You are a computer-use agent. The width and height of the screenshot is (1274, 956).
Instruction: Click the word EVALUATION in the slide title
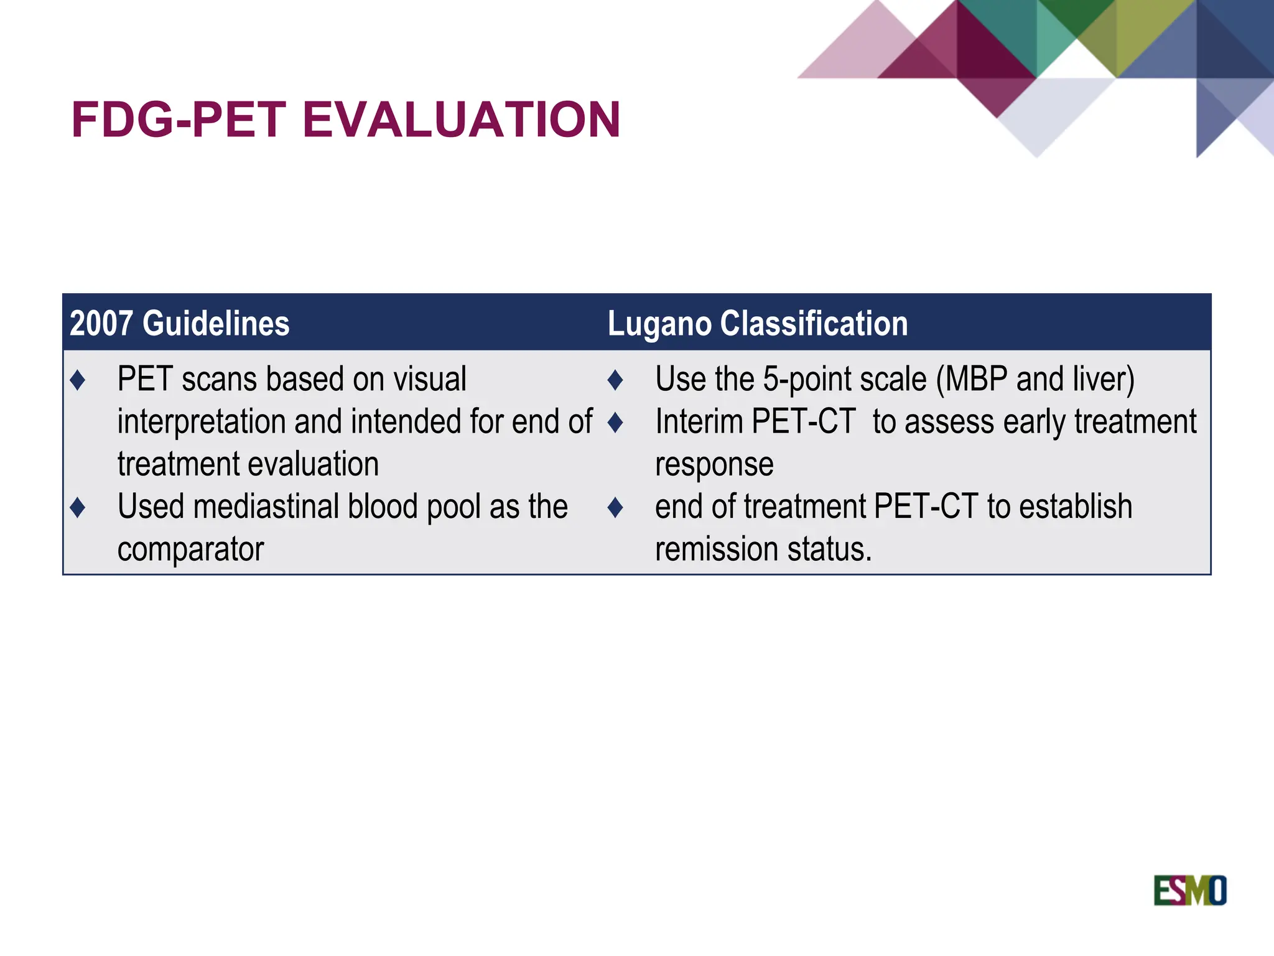point(461,119)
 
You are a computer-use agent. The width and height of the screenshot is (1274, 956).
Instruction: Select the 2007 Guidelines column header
point(180,324)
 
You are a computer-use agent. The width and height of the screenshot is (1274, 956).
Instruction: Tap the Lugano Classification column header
point(757,324)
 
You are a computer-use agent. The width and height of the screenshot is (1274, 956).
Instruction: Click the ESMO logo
point(1189,890)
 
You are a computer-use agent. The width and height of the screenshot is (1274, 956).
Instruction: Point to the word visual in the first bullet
point(433,379)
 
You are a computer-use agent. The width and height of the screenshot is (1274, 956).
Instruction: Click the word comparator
point(190,550)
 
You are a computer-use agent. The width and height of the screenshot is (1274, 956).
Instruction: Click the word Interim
point(699,421)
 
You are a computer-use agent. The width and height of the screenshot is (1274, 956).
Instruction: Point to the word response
point(714,464)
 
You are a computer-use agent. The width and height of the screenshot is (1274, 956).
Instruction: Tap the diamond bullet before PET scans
point(78,380)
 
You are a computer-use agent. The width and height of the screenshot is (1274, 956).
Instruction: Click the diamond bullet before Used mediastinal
point(78,507)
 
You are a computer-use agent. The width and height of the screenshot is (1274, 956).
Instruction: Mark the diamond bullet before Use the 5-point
point(615,380)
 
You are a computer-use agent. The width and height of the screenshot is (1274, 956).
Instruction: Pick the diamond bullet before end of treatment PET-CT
point(615,507)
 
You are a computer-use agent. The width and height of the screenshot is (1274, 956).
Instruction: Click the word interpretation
point(201,422)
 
